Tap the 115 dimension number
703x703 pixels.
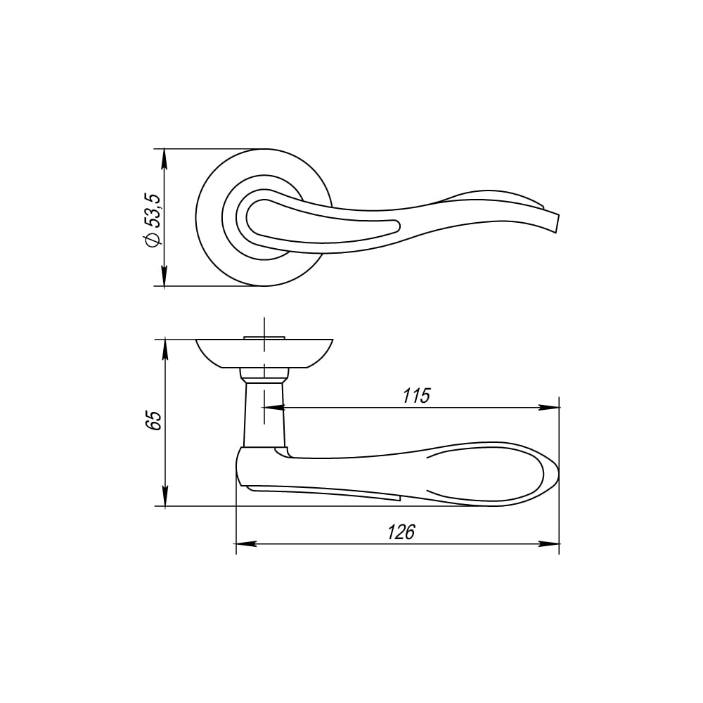(416, 396)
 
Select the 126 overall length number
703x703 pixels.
(401, 532)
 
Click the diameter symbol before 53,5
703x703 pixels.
(153, 240)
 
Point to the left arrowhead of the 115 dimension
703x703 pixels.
(274, 408)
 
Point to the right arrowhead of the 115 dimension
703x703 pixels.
(549, 408)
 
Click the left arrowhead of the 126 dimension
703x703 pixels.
(246, 544)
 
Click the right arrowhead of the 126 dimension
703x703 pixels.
(549, 544)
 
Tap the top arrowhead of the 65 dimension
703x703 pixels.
(165, 349)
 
